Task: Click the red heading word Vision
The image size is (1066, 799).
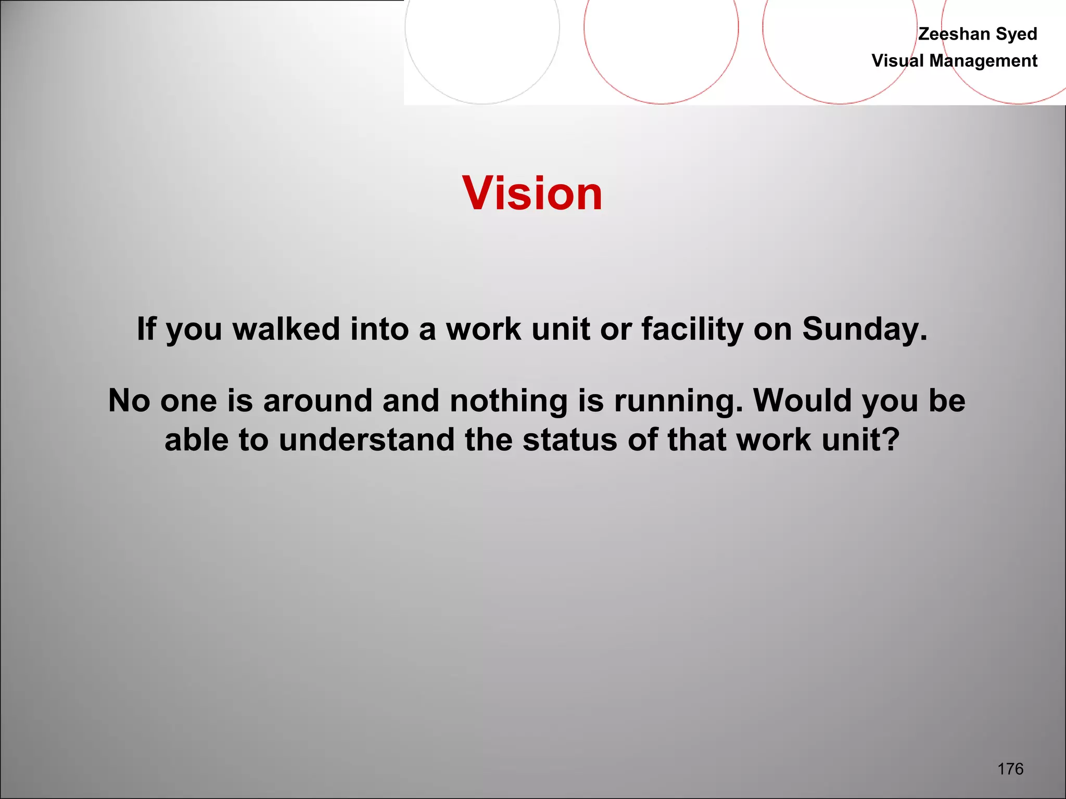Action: click(532, 194)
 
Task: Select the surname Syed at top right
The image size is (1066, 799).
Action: click(1017, 34)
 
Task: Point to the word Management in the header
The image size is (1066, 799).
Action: click(983, 61)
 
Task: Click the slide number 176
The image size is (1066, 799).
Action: click(1010, 768)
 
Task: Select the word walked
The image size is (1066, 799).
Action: click(286, 329)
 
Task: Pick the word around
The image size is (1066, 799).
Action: click(318, 401)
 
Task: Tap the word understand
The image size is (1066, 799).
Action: click(366, 440)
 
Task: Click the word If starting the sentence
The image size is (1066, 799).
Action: click(146, 329)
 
